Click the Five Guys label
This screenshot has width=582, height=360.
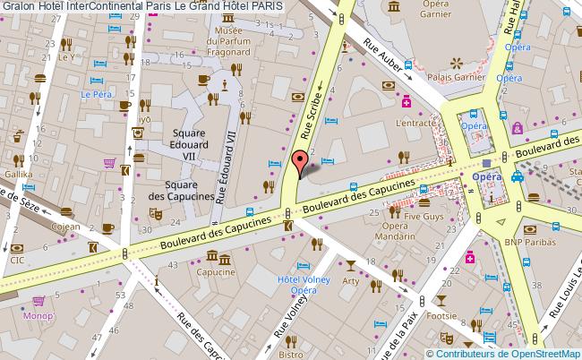(x=424, y=216)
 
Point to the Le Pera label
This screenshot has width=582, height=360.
(x=94, y=93)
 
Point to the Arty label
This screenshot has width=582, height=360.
(x=350, y=281)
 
